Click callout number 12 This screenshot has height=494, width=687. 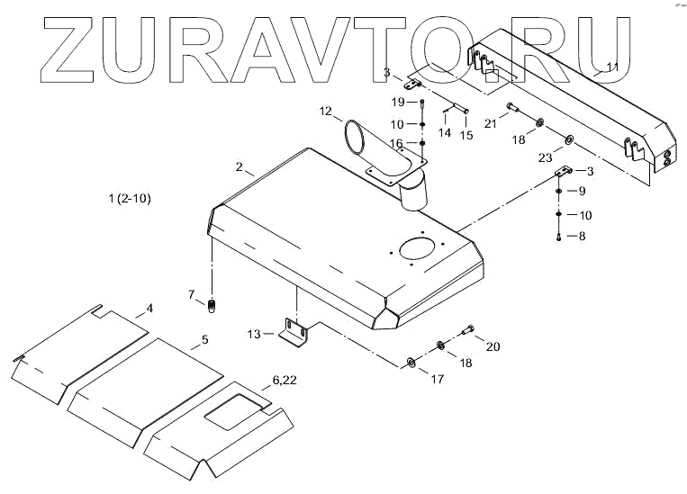pos(324,111)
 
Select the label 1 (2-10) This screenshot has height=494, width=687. pos(129,198)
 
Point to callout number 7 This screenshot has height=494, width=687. pos(191,294)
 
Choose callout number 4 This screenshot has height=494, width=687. pos(149,309)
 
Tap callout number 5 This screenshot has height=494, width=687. pos(204,339)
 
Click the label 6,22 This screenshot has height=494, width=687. pos(284,380)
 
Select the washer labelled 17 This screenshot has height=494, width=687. pos(411,362)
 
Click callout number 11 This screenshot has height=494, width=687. pos(611,67)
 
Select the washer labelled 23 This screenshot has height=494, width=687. pos(570,140)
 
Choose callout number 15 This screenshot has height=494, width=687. pos(466,135)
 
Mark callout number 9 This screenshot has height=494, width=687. pos(582,191)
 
